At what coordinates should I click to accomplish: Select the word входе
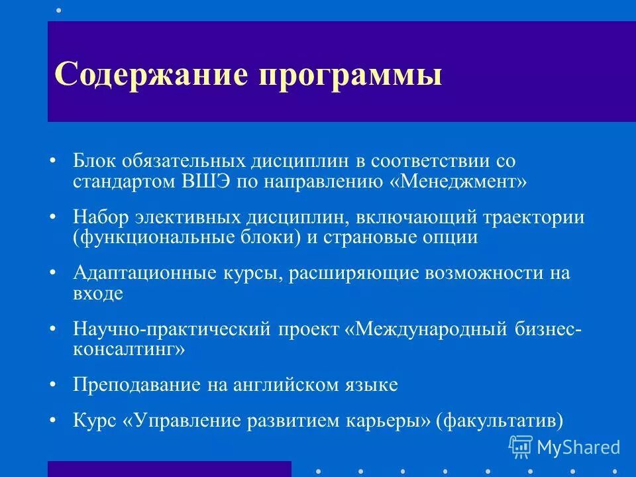97,293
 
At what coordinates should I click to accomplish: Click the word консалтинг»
129,349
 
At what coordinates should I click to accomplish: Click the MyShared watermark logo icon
521,448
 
